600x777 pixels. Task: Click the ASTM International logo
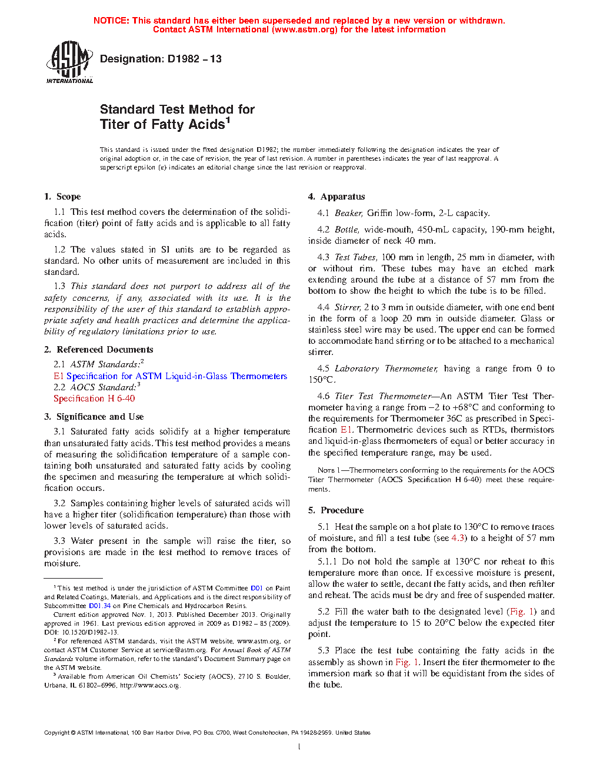69,62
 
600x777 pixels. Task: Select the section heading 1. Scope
62,197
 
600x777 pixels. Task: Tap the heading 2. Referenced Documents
98,350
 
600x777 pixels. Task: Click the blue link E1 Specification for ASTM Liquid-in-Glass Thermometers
170,376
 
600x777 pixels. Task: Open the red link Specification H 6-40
94,399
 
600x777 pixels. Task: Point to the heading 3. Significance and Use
94,417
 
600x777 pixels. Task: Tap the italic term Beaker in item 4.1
348,213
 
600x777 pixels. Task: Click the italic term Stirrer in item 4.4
347,307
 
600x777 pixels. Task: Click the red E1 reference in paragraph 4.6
346,430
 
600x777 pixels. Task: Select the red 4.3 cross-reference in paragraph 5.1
458,538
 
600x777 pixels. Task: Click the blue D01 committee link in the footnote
256,588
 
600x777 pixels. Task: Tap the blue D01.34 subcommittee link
99,606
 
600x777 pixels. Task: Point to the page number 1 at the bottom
299,747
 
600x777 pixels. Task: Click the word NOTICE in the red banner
111,21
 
